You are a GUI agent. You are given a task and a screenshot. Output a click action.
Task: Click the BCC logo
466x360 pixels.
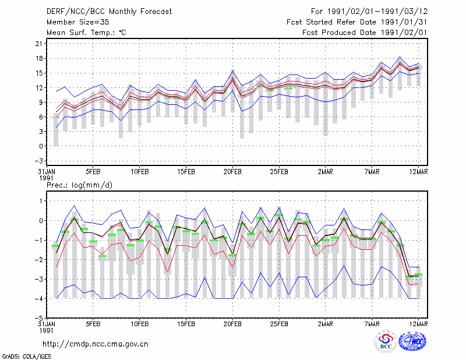tap(386, 342)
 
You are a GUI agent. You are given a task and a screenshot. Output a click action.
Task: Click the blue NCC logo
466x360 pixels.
tap(412, 341)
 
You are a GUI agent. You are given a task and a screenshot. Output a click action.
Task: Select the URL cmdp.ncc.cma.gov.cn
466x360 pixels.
tap(96, 344)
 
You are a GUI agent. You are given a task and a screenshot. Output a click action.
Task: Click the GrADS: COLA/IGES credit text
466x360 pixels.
tap(26, 357)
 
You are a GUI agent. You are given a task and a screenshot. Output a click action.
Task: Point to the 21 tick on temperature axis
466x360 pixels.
tap(39, 44)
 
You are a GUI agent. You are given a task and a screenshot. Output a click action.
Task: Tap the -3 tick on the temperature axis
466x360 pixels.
tap(39, 161)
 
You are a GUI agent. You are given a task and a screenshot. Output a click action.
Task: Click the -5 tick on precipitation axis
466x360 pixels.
tap(39, 318)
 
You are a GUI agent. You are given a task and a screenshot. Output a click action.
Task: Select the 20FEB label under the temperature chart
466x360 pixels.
tap(232, 172)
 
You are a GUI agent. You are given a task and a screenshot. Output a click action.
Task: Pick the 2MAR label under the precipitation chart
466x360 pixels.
tap(326, 324)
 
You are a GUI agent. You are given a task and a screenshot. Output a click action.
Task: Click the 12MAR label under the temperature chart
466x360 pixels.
tap(418, 172)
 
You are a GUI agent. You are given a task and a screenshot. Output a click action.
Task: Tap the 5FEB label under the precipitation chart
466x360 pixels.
tap(93, 324)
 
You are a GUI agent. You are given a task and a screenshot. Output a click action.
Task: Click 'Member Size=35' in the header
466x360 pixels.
tap(78, 22)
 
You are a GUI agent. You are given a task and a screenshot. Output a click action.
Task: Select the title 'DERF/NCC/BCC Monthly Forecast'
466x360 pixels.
tap(109, 12)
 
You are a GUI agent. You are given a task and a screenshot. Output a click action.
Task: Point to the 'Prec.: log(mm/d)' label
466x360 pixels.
tap(79, 185)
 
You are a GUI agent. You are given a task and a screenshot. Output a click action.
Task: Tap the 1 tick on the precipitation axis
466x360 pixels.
tap(41, 201)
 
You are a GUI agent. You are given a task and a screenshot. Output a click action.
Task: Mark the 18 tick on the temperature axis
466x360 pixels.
tap(39, 58)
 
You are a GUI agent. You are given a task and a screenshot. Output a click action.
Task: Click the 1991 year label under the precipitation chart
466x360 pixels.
tap(46, 330)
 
